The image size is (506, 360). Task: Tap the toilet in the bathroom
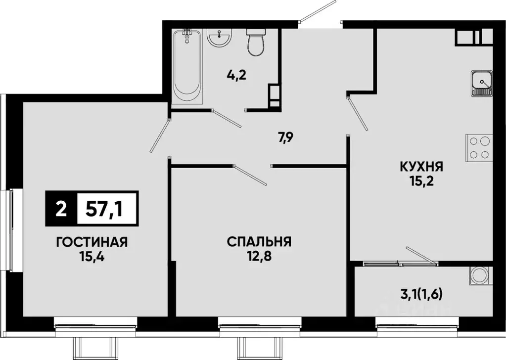point(256,44)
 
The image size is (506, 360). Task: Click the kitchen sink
point(481,83)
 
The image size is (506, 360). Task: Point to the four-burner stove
point(479,148)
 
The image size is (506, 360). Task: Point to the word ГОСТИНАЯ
point(92,242)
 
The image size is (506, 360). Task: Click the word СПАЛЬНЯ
point(259,242)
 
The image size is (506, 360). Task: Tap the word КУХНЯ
point(421,167)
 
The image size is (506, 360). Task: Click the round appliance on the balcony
point(479,275)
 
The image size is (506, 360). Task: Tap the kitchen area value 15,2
point(421,180)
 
